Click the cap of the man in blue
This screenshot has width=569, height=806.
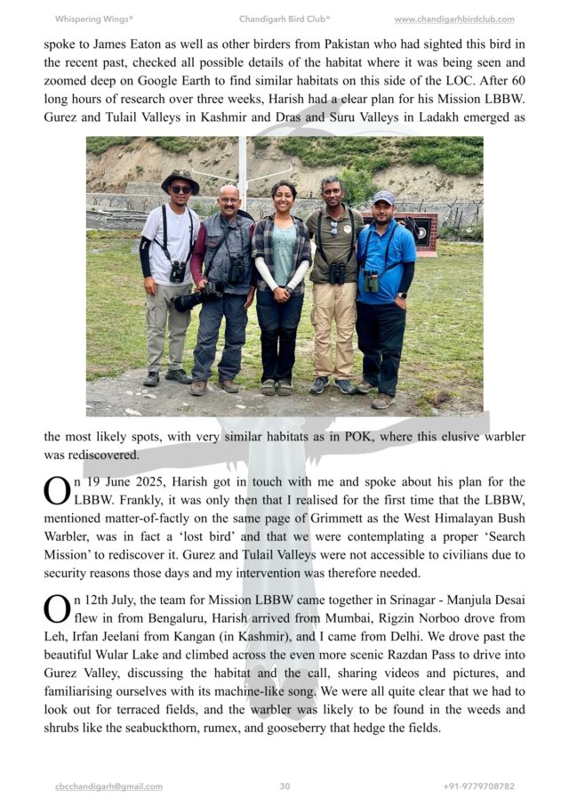pos(384,197)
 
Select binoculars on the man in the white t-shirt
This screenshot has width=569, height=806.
pos(178,270)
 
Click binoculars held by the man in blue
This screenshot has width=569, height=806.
pos(371,280)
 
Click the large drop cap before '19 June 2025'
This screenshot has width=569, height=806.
pos(56,491)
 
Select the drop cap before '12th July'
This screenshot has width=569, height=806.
pos(56,609)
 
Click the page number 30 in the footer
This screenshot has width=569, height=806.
pos(284,786)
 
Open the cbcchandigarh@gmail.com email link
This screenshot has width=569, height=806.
pos(108,786)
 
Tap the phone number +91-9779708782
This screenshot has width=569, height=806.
pos(478,786)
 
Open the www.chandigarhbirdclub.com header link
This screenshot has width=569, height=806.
pos(453,19)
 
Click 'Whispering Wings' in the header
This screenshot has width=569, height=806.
pos(93,19)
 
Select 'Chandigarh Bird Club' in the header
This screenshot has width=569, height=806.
pos(284,19)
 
